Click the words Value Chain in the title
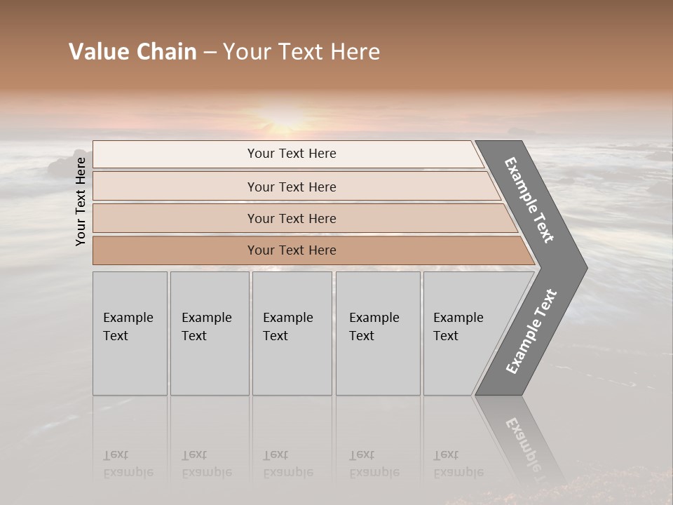coord(132,52)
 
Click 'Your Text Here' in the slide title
coord(301,52)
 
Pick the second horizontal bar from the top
coord(292,187)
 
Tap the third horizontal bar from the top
coord(292,218)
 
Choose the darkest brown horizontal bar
coord(292,250)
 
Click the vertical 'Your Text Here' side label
coord(81,201)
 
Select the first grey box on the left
coord(130,333)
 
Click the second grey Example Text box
coord(209,333)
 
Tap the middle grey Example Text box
coord(292,333)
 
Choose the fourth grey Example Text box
coord(377,333)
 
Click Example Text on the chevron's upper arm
coord(529,200)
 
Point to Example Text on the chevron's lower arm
coord(531,331)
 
